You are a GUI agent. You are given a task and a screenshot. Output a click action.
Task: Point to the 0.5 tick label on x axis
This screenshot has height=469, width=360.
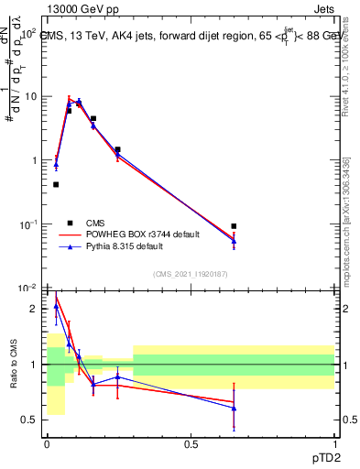point(191,443)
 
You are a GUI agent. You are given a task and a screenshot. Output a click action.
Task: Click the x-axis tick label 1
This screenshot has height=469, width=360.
point(334,443)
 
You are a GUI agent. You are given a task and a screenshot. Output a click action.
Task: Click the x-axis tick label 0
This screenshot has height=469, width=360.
point(47,443)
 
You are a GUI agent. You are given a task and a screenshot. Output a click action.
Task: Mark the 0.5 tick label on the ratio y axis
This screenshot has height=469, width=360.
point(31,420)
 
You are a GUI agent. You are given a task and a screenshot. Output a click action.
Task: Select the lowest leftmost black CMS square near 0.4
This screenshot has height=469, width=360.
point(56,184)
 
